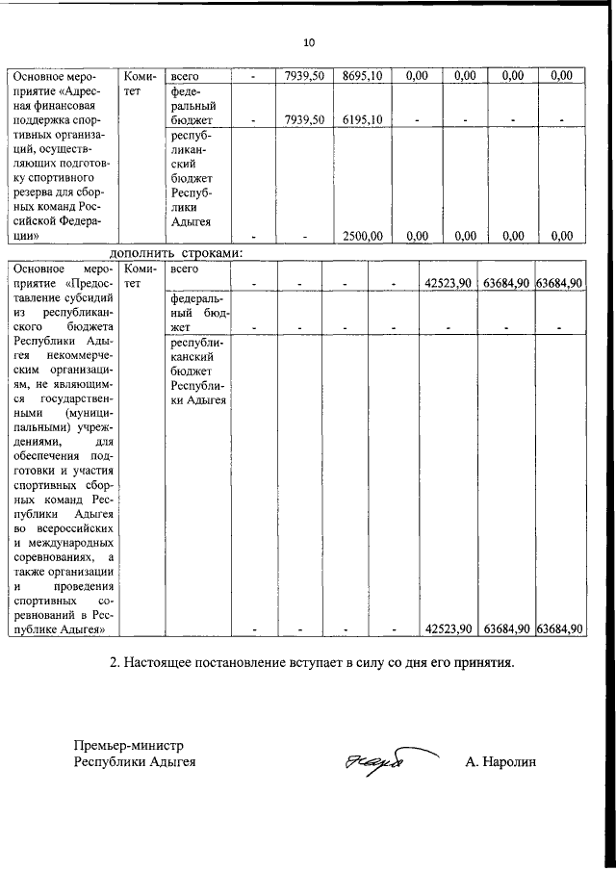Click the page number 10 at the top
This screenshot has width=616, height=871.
[308, 42]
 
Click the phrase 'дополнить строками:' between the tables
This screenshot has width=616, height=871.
[176, 252]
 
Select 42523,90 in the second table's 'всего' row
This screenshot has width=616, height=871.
[448, 283]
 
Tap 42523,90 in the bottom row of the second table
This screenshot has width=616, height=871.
[448, 628]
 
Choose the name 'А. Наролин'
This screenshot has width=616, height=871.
[500, 763]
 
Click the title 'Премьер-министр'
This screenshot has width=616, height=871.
[130, 745]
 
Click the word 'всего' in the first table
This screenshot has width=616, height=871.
[185, 75]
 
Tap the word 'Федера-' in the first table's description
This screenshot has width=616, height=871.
[88, 219]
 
